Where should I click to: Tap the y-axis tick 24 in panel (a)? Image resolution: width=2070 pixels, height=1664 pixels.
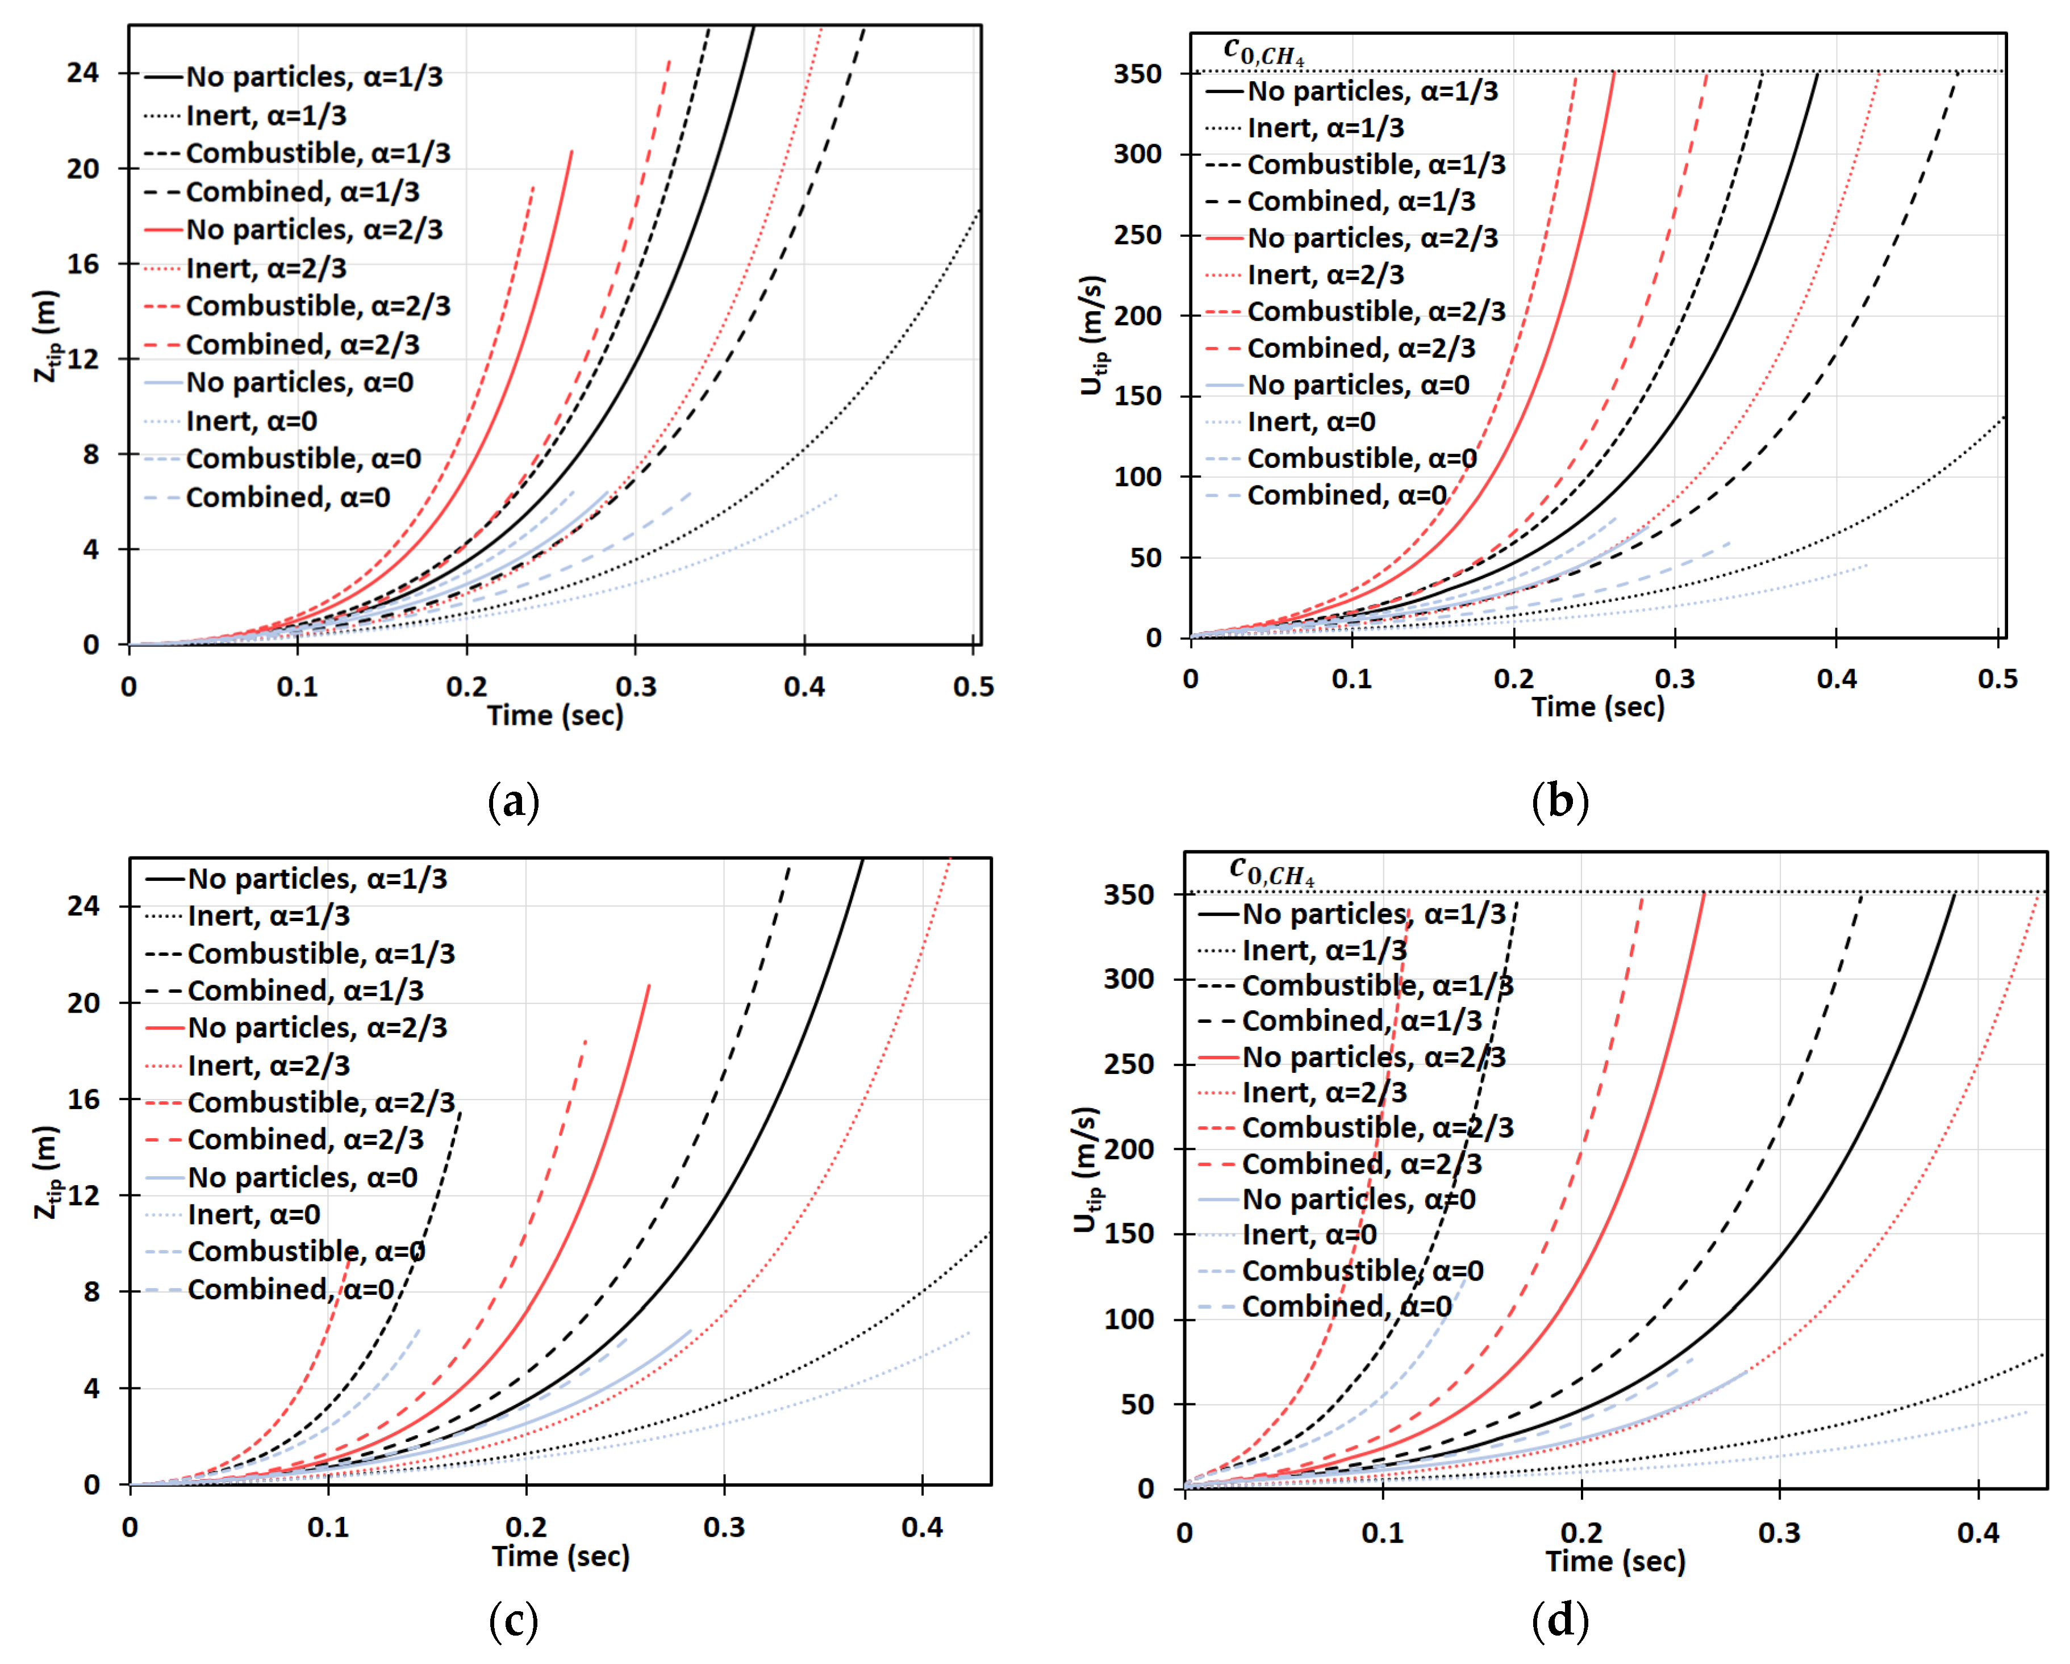[x=84, y=73]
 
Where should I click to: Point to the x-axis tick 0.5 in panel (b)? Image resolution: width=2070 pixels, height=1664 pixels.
[x=1997, y=679]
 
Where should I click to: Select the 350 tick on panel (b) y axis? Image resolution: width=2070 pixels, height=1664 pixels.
[x=1138, y=74]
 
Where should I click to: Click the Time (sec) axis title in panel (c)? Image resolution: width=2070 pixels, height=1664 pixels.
[x=561, y=1556]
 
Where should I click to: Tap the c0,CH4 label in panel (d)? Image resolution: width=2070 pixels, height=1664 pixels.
[x=1271, y=871]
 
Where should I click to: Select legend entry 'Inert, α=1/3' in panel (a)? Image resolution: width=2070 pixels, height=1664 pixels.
[x=266, y=115]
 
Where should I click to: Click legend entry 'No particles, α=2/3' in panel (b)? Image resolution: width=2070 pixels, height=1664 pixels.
[x=1372, y=238]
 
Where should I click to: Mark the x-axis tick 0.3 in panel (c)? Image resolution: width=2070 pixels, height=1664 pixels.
[x=724, y=1527]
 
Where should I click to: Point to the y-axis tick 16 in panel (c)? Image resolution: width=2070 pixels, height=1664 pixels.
[x=84, y=1099]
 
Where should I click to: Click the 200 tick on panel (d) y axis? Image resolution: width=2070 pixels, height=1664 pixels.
[x=1129, y=1149]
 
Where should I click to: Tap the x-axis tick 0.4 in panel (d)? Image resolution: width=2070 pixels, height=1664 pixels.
[x=1978, y=1533]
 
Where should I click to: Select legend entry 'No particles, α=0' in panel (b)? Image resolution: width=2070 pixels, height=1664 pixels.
[x=1358, y=385]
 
